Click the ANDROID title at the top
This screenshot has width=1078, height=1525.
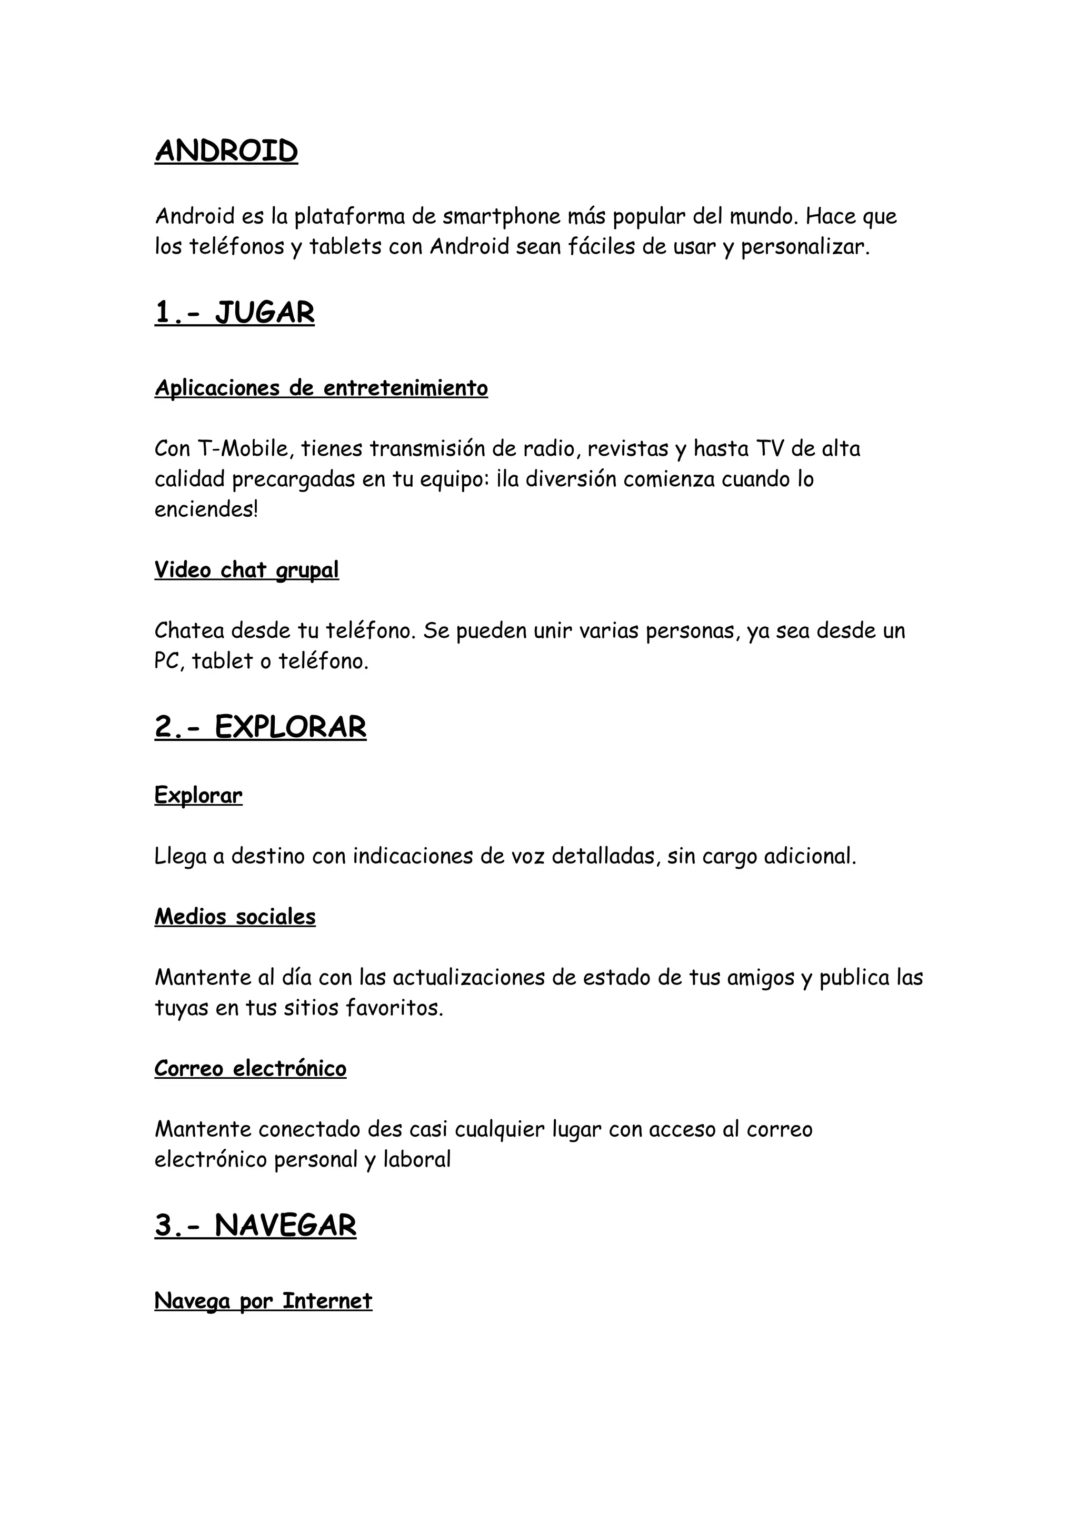(x=226, y=152)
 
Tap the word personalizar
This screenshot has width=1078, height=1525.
(x=804, y=247)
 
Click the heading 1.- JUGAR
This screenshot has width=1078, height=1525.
(x=234, y=312)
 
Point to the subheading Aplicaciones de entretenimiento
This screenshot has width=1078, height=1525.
(x=322, y=388)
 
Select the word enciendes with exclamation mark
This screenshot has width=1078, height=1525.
(x=206, y=509)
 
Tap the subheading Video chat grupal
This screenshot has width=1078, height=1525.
(x=246, y=570)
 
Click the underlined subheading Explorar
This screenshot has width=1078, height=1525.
(x=198, y=795)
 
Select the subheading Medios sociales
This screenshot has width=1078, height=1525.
(x=235, y=917)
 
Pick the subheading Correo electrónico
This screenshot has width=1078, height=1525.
(x=251, y=1069)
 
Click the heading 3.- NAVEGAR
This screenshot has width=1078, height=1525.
(x=256, y=1226)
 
